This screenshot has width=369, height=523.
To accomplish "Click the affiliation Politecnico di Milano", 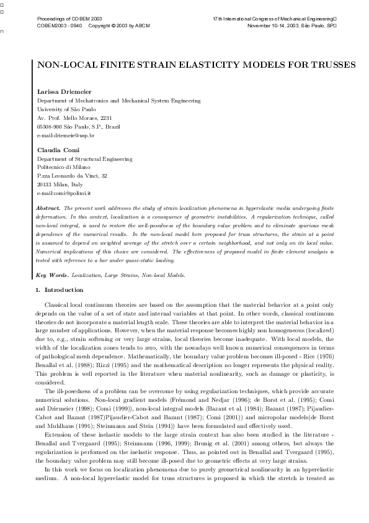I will click(63, 167).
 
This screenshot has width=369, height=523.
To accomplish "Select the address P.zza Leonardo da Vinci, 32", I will click(73, 176).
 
